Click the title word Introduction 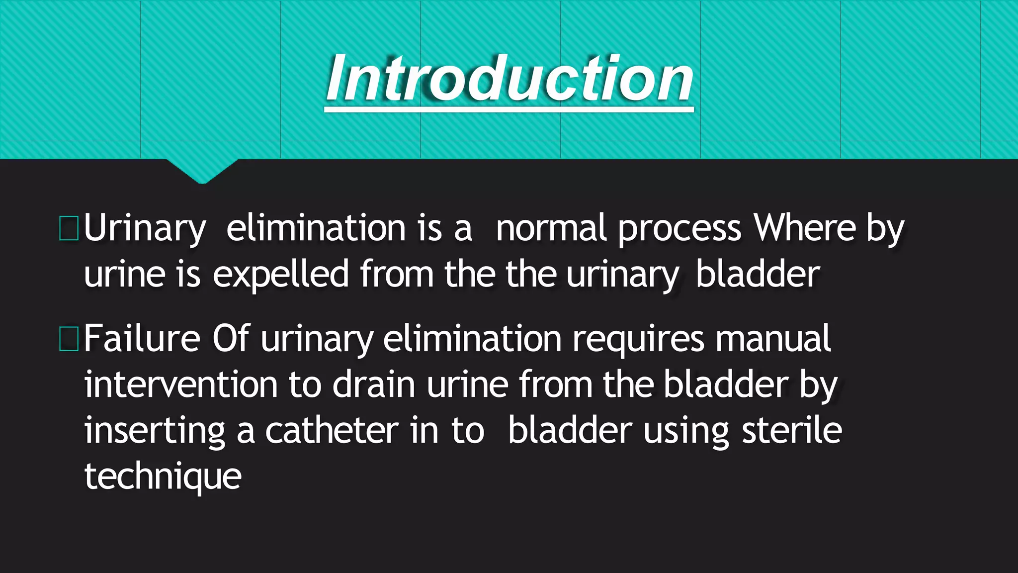(509, 79)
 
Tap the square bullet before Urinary (69, 228)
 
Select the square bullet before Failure (69, 339)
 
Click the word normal (551, 228)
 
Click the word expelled (281, 275)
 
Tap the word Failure (142, 339)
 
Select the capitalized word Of (230, 339)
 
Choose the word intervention (180, 385)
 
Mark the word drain (373, 385)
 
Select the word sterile (792, 431)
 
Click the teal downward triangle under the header (202, 171)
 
